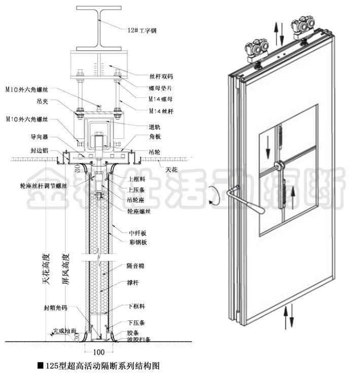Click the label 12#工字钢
coord(142,31)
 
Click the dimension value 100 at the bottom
coord(98,351)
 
